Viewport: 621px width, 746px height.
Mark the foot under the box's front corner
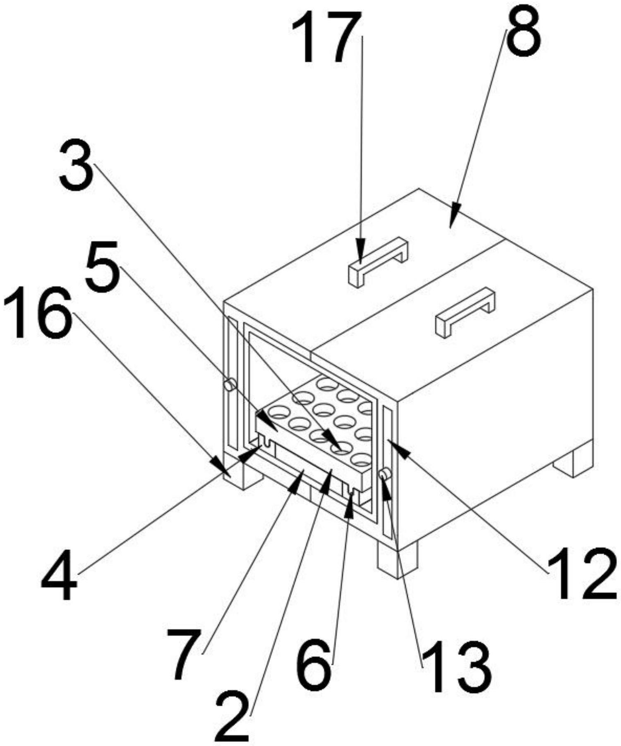(396, 561)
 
